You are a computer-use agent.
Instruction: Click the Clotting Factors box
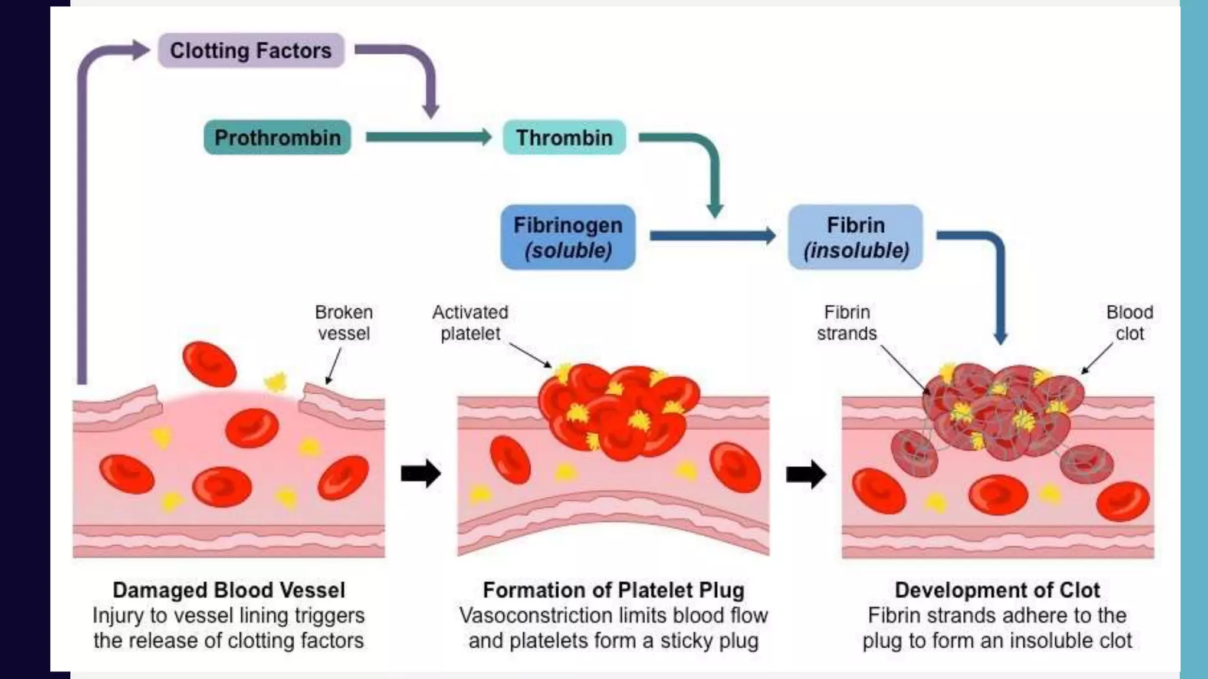[x=251, y=51]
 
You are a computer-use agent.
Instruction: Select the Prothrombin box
[x=277, y=137]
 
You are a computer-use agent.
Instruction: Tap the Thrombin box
[x=564, y=137]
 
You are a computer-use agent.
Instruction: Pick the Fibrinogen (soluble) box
[x=567, y=237]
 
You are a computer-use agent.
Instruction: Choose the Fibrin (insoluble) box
[x=855, y=237]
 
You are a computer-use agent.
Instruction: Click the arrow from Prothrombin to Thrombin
[x=428, y=137]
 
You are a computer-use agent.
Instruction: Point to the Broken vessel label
[x=344, y=322]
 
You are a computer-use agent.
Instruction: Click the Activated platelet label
[x=470, y=322]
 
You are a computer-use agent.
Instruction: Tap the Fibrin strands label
[x=846, y=322]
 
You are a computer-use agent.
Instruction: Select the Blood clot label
[x=1129, y=322]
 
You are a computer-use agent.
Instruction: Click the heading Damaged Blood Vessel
[x=229, y=590]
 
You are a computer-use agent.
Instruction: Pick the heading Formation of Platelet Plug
[x=613, y=590]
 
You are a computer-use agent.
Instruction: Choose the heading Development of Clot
[x=997, y=590]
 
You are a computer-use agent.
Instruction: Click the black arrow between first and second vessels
[x=421, y=473]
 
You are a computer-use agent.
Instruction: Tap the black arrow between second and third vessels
[x=806, y=474]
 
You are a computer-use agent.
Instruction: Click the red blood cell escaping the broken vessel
[x=209, y=364]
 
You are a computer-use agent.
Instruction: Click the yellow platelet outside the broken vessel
[x=275, y=383]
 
